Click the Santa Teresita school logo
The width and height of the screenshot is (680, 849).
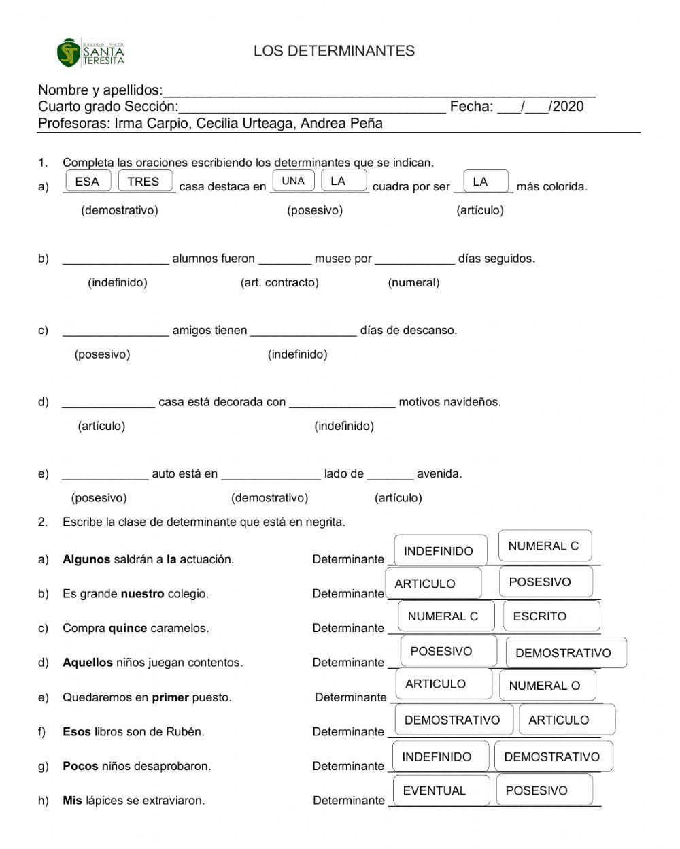[90, 52]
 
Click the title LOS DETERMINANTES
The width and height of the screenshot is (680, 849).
[334, 51]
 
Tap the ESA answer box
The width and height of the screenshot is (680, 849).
[87, 182]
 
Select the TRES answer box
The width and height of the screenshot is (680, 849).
[143, 182]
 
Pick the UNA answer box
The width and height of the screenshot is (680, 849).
[293, 181]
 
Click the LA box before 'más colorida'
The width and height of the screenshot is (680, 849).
[481, 182]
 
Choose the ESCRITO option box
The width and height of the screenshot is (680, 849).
[551, 616]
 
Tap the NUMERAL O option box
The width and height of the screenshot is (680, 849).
[547, 686]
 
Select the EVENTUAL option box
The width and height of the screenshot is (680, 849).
[441, 790]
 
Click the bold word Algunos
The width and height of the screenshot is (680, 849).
[86, 559]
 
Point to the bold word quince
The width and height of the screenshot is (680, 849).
[127, 628]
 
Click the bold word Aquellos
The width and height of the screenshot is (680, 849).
[88, 663]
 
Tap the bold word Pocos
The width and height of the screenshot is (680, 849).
[80, 766]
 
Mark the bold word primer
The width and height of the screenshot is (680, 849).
[170, 697]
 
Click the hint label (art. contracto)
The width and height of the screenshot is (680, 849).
[279, 282]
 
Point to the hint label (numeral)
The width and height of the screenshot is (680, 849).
[413, 282]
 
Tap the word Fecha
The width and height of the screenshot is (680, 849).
[471, 106]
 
